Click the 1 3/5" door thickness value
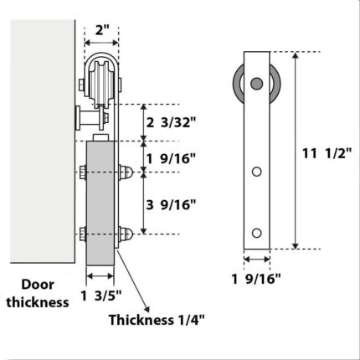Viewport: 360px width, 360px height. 101,294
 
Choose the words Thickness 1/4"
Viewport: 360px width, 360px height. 157,318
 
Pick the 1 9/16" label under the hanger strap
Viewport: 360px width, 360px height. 255,279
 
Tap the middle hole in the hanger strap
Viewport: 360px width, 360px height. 256,172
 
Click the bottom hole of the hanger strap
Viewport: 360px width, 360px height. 256,232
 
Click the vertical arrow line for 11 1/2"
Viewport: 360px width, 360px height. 296,151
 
